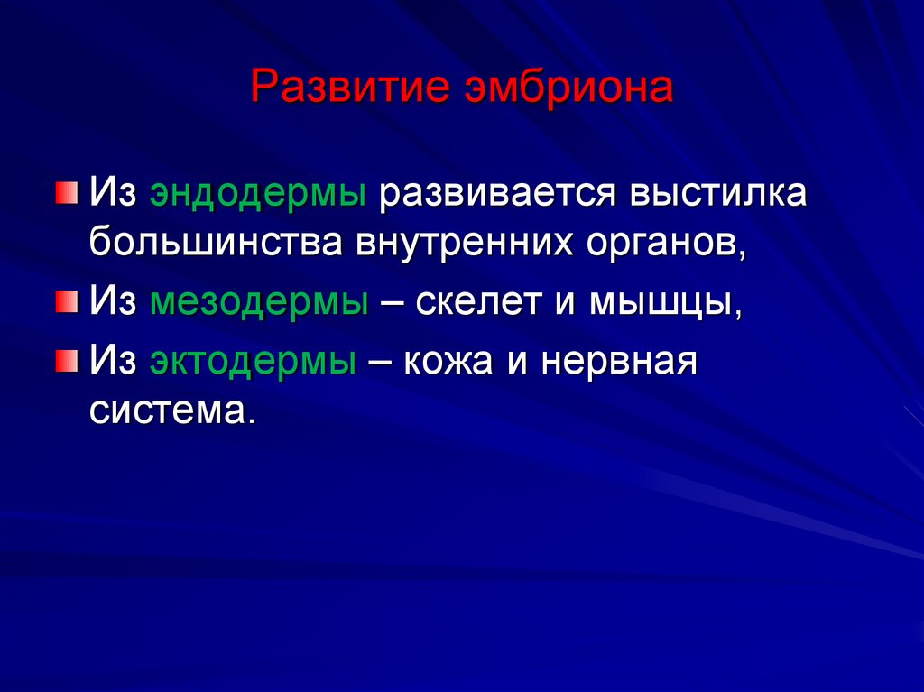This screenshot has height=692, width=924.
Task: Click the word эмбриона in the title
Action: (x=568, y=88)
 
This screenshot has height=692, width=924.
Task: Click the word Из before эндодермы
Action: (x=112, y=194)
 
